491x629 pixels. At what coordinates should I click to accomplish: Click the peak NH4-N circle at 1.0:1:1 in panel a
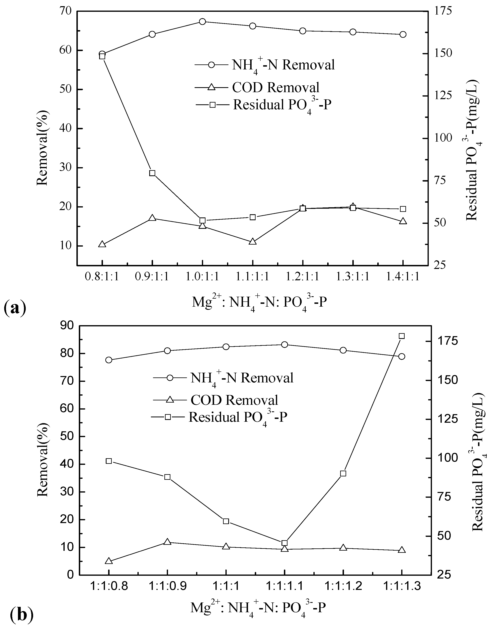point(202,22)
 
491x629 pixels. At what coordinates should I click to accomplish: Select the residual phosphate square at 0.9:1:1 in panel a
point(152,173)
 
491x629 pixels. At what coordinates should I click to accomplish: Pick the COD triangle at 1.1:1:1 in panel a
point(253,242)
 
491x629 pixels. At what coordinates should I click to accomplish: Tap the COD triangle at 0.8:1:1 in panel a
point(102,244)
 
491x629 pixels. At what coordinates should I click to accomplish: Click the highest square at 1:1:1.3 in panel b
point(401,336)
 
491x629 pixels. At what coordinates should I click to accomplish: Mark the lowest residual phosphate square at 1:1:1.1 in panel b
point(284,543)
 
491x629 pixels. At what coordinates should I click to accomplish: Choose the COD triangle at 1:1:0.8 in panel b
point(109,561)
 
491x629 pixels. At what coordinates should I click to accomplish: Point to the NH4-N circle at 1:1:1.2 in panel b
point(343,350)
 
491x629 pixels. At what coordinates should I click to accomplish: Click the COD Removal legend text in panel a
point(276,87)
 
